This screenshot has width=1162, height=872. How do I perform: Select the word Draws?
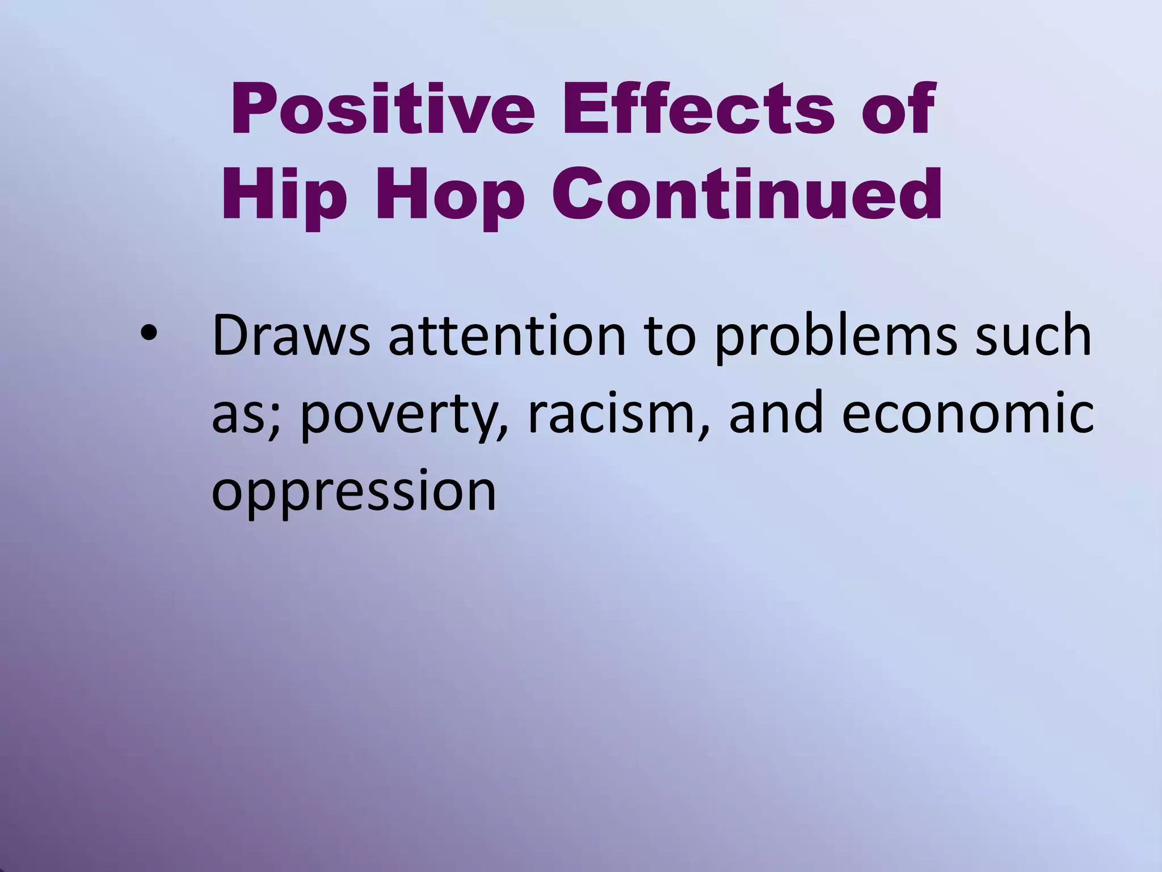(x=291, y=336)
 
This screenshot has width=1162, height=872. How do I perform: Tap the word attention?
(x=507, y=336)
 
